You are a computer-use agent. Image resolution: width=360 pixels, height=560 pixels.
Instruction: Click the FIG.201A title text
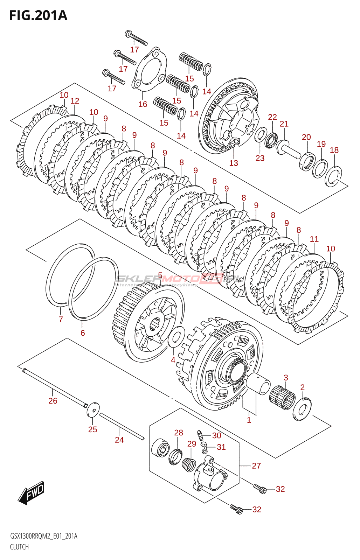pyautogui.click(x=38, y=16)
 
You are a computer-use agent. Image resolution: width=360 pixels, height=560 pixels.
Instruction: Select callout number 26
pyautogui.click(x=53, y=401)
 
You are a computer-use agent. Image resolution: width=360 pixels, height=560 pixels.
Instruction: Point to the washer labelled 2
pyautogui.click(x=302, y=408)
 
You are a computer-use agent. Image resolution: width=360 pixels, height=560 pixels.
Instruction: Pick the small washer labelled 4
pyautogui.click(x=176, y=336)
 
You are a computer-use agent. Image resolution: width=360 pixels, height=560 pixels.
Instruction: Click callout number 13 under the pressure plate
pyautogui.click(x=234, y=163)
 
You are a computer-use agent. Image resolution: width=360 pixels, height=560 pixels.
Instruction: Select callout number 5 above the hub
pyautogui.click(x=160, y=276)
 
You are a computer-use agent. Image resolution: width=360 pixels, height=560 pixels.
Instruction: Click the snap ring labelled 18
pyautogui.click(x=333, y=176)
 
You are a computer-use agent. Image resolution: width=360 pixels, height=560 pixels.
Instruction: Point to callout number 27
pyautogui.click(x=256, y=465)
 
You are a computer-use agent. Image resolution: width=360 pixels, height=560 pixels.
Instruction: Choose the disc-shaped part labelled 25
pyautogui.click(x=93, y=409)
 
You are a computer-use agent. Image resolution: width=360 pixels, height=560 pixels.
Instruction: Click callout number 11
pyautogui.click(x=314, y=239)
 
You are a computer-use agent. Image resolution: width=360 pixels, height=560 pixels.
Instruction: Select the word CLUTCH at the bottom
pyautogui.click(x=19, y=547)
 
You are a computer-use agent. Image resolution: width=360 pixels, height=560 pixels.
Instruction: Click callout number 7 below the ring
pyautogui.click(x=61, y=319)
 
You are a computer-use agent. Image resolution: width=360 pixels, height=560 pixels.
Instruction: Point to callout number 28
pyautogui.click(x=179, y=433)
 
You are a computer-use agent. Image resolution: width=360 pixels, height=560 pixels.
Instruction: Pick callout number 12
pyautogui.click(x=75, y=101)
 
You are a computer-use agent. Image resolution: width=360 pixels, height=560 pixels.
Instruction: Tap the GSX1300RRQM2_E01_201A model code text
pyautogui.click(x=44, y=536)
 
